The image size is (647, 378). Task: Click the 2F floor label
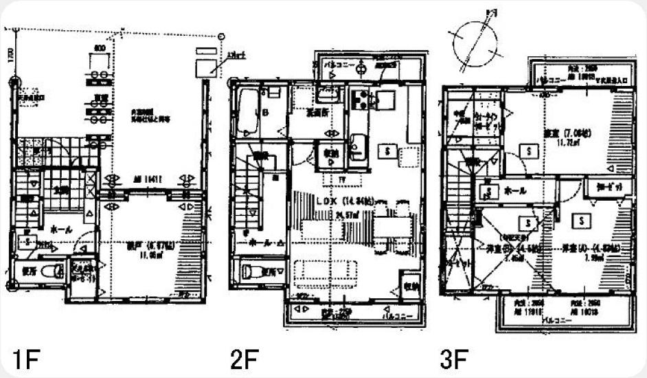[245, 359]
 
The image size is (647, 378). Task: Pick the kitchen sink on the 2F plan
[359, 145]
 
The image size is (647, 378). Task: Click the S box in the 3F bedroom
[528, 150]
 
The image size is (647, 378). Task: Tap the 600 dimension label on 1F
[100, 49]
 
